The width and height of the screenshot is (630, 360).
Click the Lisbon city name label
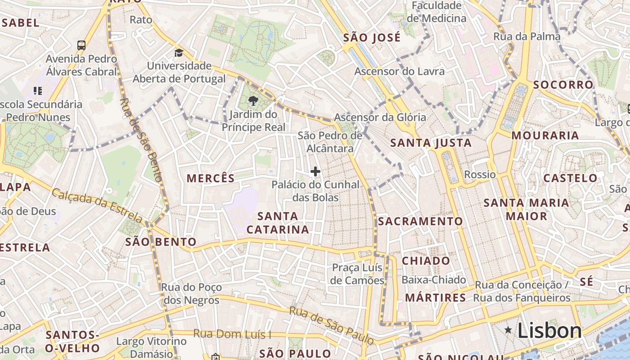coord(549,331)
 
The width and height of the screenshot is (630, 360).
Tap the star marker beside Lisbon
coord(508,331)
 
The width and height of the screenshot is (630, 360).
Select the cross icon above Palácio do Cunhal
coord(315,171)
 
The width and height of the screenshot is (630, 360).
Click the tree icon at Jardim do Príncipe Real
coord(253,101)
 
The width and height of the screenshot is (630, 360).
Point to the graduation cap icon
coord(179,53)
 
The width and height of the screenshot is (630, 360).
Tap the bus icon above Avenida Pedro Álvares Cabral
coord(81,45)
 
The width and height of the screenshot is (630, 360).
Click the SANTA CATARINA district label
coord(278,223)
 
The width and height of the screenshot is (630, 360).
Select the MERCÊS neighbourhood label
coord(211,178)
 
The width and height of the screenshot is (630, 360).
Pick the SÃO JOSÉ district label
coord(372,38)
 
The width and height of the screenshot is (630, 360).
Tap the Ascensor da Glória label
coord(380,117)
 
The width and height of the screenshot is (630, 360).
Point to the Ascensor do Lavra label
coord(399,71)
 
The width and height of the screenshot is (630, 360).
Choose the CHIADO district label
coord(426,261)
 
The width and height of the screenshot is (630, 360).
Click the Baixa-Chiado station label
coord(433,280)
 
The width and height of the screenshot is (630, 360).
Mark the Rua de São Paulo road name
coord(331,325)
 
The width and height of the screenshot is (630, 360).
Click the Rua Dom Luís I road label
coord(232,334)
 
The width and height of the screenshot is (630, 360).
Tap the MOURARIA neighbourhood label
coord(545,135)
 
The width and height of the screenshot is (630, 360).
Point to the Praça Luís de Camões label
coord(358,274)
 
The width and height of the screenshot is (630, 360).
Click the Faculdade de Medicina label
coord(436,12)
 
